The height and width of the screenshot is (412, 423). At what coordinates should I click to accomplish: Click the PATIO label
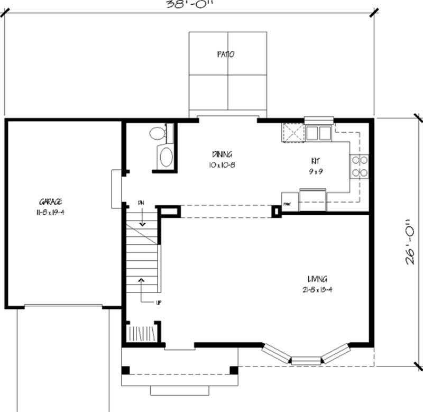click(x=225, y=54)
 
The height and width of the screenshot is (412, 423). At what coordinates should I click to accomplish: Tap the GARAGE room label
click(x=50, y=202)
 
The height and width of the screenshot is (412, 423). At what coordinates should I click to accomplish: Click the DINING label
click(x=222, y=154)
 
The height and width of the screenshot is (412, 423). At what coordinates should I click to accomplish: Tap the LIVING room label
click(x=317, y=279)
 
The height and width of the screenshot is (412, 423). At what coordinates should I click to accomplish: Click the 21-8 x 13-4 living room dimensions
click(x=317, y=289)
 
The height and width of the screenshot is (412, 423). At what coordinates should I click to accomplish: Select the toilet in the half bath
click(x=158, y=133)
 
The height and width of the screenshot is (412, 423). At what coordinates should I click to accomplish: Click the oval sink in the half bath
click(x=166, y=158)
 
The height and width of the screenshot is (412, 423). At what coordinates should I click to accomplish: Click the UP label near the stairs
click(x=158, y=303)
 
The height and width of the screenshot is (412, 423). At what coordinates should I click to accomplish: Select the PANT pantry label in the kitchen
click(x=288, y=203)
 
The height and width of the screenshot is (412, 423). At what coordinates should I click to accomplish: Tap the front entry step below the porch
click(x=180, y=391)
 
